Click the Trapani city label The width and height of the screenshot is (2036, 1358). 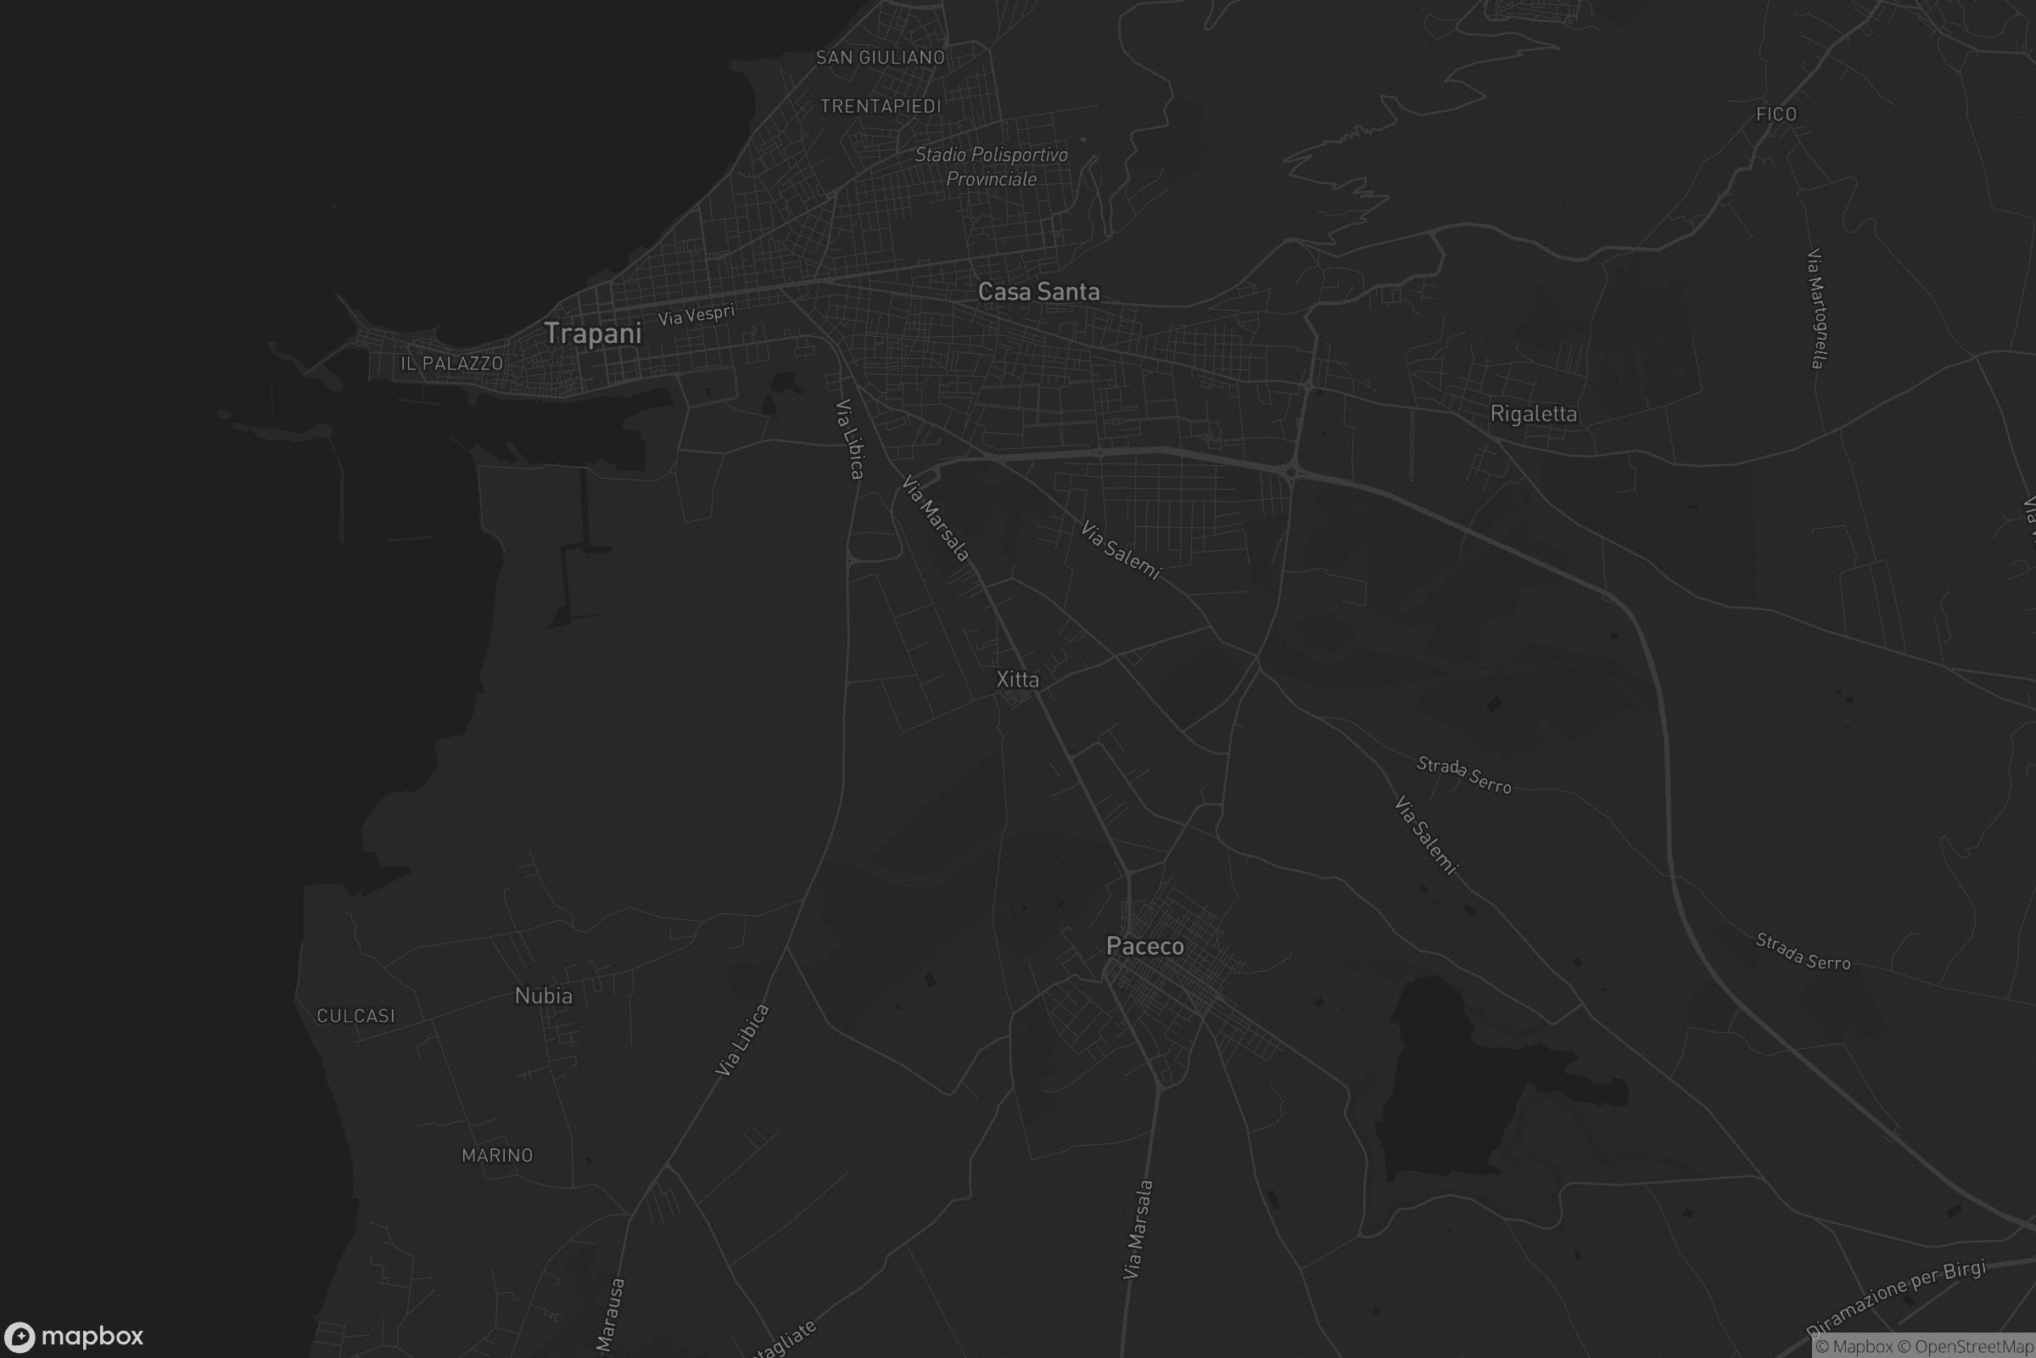(593, 334)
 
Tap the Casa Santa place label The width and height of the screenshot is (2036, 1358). (1038, 292)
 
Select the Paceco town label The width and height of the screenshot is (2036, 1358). (1144, 946)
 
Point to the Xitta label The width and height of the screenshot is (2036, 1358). (1017, 680)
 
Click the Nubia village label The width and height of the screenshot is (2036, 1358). (544, 996)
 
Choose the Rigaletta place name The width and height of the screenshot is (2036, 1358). (1533, 414)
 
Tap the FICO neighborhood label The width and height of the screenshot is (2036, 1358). (1776, 115)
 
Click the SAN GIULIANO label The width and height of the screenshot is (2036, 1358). (881, 58)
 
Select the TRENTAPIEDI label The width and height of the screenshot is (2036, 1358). (881, 107)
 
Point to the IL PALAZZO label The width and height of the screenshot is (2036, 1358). (451, 364)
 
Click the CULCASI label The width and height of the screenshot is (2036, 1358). (355, 1016)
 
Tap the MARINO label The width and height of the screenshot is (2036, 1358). (498, 1155)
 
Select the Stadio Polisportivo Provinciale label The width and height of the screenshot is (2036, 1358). (991, 167)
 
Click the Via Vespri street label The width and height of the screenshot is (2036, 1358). (696, 314)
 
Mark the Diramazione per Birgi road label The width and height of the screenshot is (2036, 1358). (1896, 1299)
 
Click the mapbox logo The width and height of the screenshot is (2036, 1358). (73, 1336)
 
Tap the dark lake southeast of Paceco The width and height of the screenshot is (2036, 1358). (1454, 1083)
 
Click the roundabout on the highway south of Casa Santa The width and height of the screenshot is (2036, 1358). (1290, 472)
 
